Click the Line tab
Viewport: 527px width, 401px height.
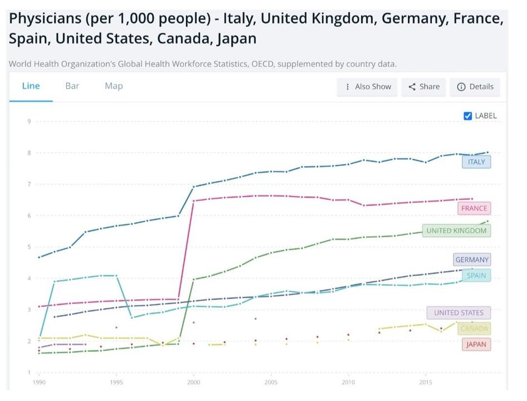(x=31, y=86)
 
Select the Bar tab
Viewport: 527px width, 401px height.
(x=72, y=86)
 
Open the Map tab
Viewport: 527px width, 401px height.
(x=114, y=86)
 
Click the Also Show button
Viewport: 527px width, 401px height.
(x=368, y=87)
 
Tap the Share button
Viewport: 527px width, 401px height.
(x=424, y=87)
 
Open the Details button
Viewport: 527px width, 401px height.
(x=475, y=87)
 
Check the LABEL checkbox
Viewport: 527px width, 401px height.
(x=468, y=116)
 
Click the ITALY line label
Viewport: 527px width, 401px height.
(x=476, y=162)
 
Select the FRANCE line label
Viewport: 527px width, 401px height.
(x=474, y=208)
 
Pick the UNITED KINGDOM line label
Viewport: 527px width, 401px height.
(x=456, y=231)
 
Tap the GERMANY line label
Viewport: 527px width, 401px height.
(x=472, y=260)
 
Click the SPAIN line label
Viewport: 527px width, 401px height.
(x=476, y=275)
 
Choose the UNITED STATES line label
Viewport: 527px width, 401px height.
(x=459, y=313)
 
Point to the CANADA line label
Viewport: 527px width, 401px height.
(x=474, y=329)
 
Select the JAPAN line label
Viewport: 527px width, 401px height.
(x=476, y=344)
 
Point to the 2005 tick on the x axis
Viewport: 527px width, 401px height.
(x=271, y=383)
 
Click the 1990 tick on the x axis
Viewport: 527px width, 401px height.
(x=38, y=383)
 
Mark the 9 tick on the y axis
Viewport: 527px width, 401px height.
(x=29, y=121)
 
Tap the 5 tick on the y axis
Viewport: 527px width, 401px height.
(x=29, y=247)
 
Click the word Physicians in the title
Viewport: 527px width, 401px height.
(x=46, y=19)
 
